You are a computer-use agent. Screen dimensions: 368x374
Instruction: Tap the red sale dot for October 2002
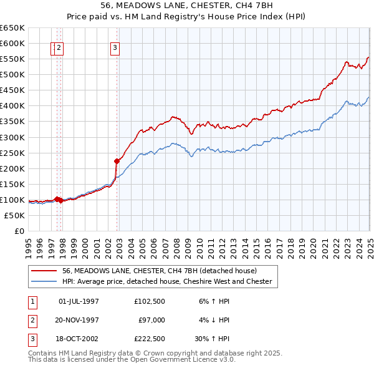[117, 161]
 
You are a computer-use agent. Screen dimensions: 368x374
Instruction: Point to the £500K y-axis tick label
[12, 74]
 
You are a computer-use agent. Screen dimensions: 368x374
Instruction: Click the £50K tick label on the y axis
[15, 215]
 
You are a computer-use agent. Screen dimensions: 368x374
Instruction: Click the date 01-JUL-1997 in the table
[79, 301]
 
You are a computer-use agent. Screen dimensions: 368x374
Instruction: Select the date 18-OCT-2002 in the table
[79, 339]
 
